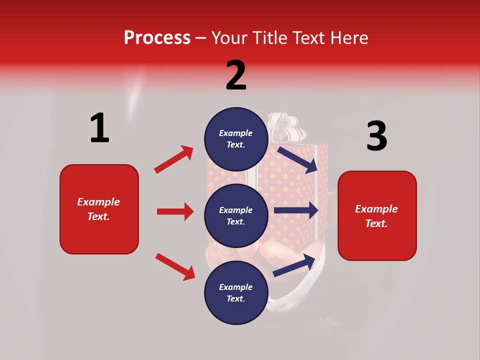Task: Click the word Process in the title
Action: (157, 37)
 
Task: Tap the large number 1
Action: (99, 128)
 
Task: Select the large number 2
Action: (236, 75)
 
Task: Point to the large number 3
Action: (376, 136)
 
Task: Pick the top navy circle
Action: (236, 139)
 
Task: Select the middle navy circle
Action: (236, 215)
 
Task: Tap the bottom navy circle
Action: (236, 292)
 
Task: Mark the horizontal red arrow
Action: (175, 211)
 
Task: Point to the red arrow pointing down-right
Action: (175, 266)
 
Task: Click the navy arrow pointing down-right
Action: (297, 158)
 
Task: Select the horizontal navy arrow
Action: (296, 210)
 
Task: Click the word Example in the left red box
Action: (98, 201)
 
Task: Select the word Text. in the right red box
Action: (376, 223)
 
